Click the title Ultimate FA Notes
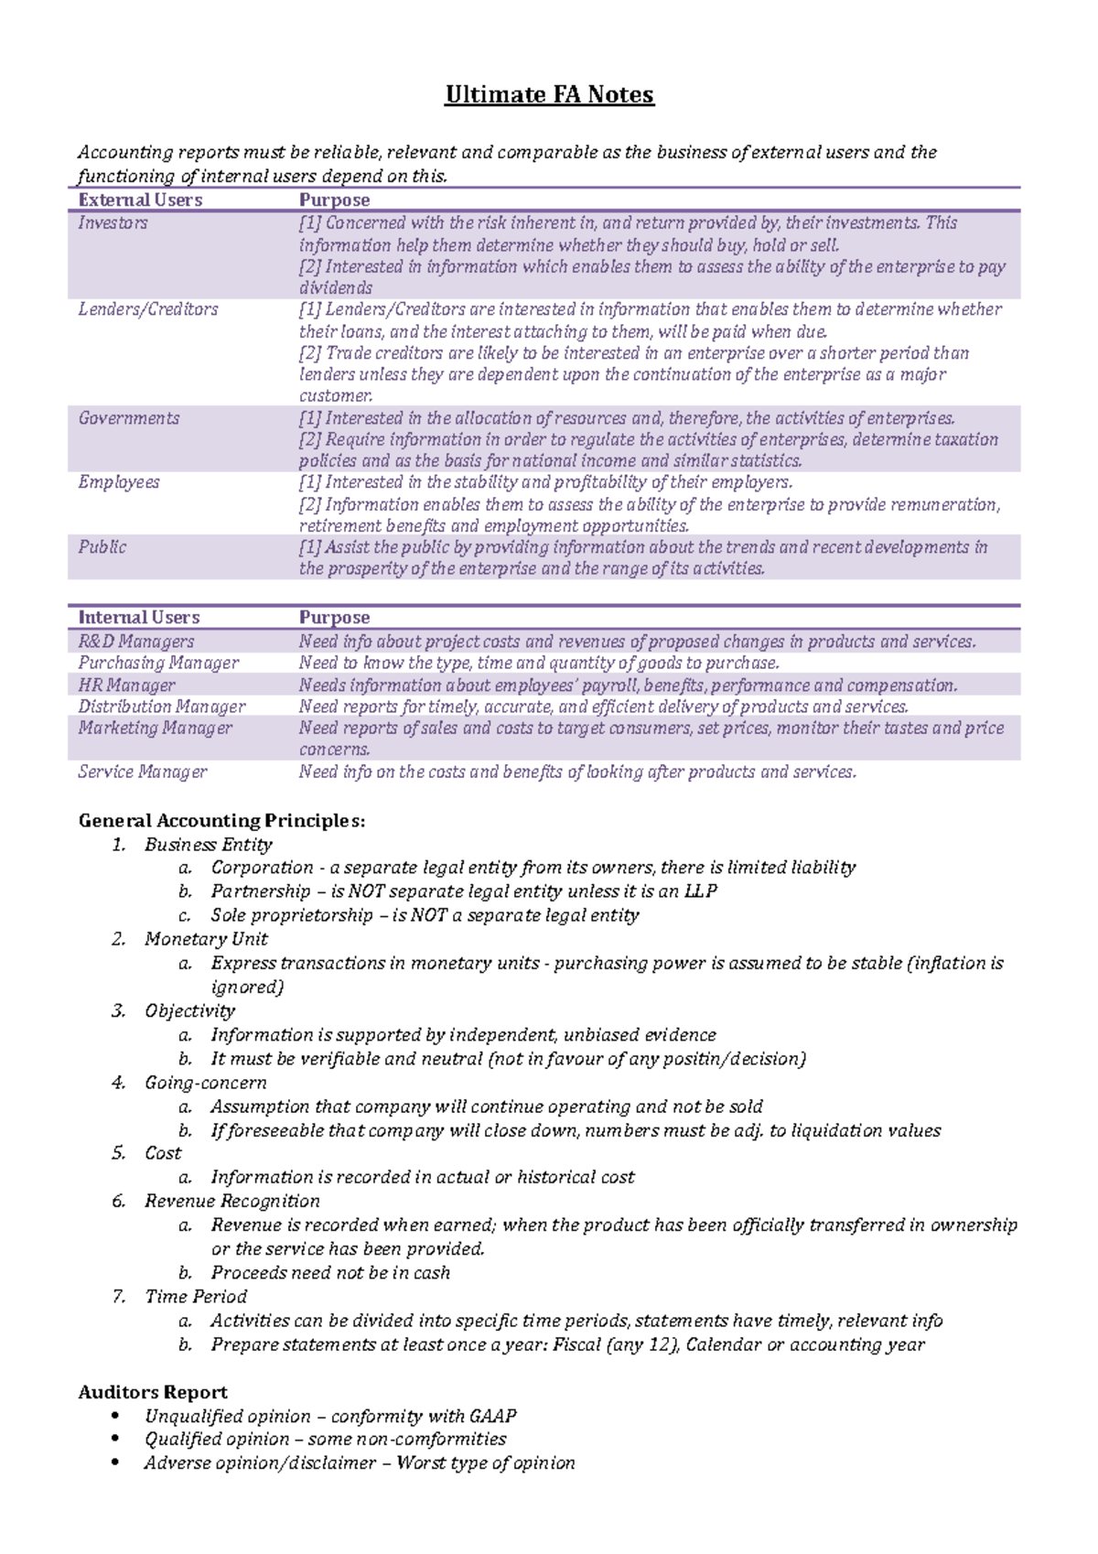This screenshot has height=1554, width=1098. click(x=549, y=95)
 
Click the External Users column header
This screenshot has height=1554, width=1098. click(x=140, y=200)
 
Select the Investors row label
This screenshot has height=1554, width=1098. click(x=113, y=222)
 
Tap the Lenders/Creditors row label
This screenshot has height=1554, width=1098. click(x=148, y=309)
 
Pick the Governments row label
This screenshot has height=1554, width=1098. click(x=129, y=418)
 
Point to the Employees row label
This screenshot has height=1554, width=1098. click(x=119, y=482)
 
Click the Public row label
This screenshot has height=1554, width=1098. click(x=102, y=547)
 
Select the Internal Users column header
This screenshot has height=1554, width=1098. click(x=139, y=618)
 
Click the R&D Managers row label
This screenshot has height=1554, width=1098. click(x=136, y=642)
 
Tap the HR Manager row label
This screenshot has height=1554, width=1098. click(x=127, y=685)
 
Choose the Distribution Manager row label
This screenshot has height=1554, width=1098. click(x=162, y=707)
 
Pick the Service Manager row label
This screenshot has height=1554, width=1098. click(x=143, y=772)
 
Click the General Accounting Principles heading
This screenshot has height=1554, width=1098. click(x=222, y=821)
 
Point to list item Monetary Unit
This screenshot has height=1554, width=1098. click(x=206, y=939)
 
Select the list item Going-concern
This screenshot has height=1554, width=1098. click(x=206, y=1083)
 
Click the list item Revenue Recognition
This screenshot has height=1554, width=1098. click(x=232, y=1201)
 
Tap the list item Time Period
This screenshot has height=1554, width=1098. click(x=196, y=1297)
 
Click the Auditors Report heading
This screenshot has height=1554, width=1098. click(x=153, y=1393)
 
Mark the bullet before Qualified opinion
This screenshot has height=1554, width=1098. click(x=114, y=1440)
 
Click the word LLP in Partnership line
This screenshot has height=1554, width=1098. click(x=700, y=891)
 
